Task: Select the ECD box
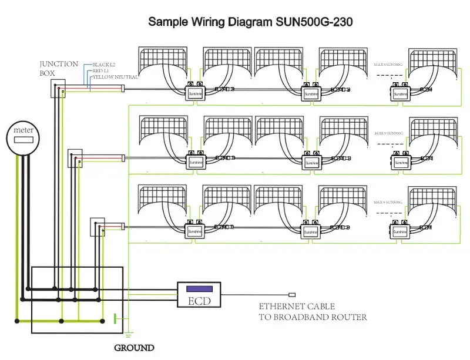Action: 199,294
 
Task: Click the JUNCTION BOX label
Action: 59,68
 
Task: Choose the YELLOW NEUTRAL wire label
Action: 115,77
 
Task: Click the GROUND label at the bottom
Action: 134,348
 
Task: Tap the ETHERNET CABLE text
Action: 297,307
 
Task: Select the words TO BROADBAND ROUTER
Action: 313,317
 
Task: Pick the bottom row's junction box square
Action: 97,226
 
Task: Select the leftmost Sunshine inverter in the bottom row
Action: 194,231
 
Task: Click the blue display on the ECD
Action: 199,288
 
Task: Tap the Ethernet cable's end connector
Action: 292,294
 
